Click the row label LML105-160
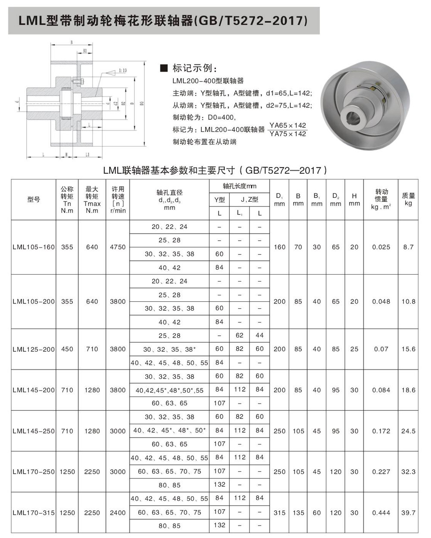point(34,247)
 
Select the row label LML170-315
point(34,513)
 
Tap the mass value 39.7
point(408,513)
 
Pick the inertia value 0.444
point(381,513)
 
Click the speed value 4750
point(118,247)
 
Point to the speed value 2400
point(118,513)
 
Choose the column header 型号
point(34,199)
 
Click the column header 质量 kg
point(408,199)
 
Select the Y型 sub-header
point(219,199)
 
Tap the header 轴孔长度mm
point(239,186)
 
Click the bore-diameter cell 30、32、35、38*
point(169,349)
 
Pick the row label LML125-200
point(34,349)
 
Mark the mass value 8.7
point(408,247)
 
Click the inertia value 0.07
point(381,349)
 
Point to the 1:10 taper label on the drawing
point(122,70)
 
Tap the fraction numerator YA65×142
point(287,125)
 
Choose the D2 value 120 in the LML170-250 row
point(336,472)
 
